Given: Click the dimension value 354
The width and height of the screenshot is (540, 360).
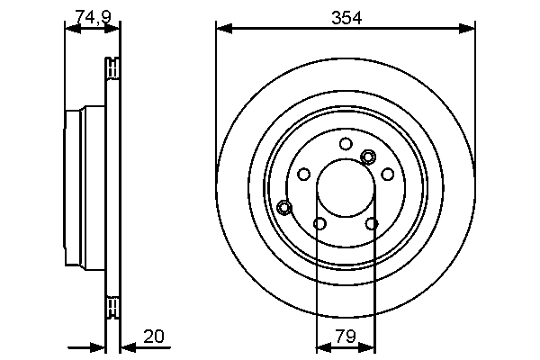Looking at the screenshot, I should click(346, 17).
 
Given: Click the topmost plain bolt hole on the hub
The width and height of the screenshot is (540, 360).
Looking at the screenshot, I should click(346, 143).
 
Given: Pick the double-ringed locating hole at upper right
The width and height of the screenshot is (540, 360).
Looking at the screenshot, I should click(367, 157).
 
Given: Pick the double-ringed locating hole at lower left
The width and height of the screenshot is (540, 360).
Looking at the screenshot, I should click(285, 208).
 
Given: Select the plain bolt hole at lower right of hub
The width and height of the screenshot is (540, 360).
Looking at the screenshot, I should click(372, 223).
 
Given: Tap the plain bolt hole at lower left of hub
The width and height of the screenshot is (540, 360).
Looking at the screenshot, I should click(319, 223).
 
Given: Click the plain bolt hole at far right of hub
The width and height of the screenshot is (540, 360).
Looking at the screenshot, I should click(388, 174).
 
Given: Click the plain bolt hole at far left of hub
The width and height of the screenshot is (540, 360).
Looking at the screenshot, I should click(303, 174).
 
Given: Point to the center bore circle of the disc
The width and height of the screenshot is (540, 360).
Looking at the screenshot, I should click(346, 189).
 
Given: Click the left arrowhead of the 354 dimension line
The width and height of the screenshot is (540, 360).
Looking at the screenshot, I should click(223, 30).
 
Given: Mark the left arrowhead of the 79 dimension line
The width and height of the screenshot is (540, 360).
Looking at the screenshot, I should click(323, 346).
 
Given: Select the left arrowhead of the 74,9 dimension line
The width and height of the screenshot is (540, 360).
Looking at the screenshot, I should click(71, 29).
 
